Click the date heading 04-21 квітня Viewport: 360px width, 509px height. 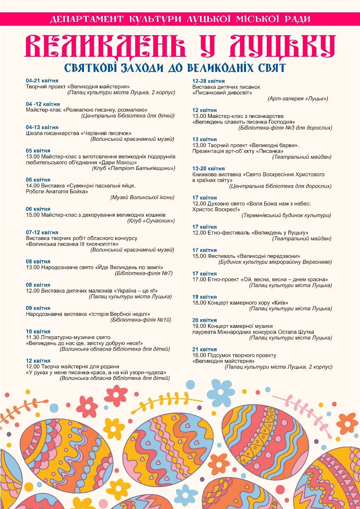(x=42, y=81)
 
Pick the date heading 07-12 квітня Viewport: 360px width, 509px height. (x=42, y=232)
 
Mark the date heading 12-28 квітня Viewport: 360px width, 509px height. (x=208, y=81)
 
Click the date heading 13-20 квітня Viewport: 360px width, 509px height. (x=208, y=168)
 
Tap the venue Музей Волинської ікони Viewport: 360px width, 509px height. (x=142, y=198)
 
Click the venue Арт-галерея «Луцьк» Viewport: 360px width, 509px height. (x=298, y=98)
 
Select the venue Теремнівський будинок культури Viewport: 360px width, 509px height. (x=286, y=215)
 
